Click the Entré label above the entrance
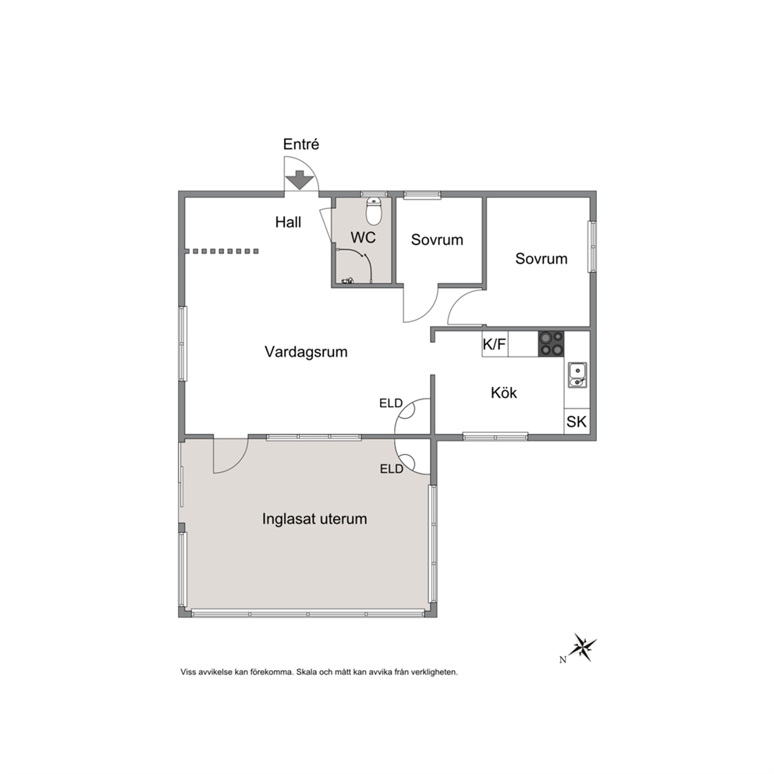click(301, 144)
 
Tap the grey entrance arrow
click(300, 180)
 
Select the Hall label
click(288, 222)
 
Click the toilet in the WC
click(374, 211)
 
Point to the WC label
click(363, 237)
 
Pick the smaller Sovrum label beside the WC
click(437, 240)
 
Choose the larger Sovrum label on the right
click(541, 259)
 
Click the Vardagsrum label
click(306, 352)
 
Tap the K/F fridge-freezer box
click(495, 344)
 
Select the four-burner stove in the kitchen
click(551, 343)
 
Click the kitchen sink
click(577, 375)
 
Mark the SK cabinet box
click(577, 421)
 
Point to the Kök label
click(503, 393)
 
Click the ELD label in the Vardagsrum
click(391, 403)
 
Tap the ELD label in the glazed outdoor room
click(392, 469)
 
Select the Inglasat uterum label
click(314, 520)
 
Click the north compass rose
click(584, 647)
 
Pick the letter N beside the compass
click(563, 659)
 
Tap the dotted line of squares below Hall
click(225, 251)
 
